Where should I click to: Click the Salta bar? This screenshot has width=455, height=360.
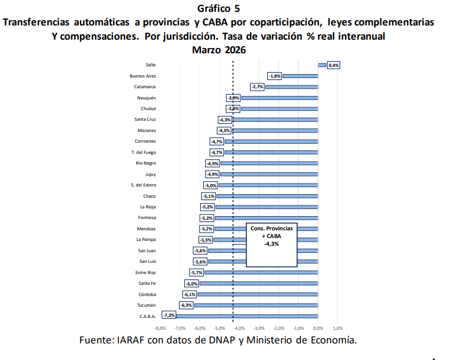click(322, 65)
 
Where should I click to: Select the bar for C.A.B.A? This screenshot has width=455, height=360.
click(247, 316)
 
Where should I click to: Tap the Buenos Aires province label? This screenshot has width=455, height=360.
click(143, 76)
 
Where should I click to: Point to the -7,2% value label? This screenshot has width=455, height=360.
click(169, 316)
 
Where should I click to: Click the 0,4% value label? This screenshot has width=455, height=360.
click(334, 65)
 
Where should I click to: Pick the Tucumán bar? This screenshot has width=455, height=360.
click(256, 306)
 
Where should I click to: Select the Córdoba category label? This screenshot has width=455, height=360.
click(147, 294)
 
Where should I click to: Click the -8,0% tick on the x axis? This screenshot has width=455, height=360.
click(160, 327)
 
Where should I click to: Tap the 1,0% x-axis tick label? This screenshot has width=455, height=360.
click(338, 327)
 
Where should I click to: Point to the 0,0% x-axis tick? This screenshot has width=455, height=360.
click(318, 327)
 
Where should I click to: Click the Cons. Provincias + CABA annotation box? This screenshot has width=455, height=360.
click(271, 243)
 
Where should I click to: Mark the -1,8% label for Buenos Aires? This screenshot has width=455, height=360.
click(274, 76)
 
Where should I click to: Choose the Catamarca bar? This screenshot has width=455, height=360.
click(291, 87)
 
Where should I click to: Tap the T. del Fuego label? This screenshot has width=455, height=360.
click(143, 152)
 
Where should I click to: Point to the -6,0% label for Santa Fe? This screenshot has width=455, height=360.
click(191, 284)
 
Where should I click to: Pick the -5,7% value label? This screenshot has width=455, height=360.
click(196, 272)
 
